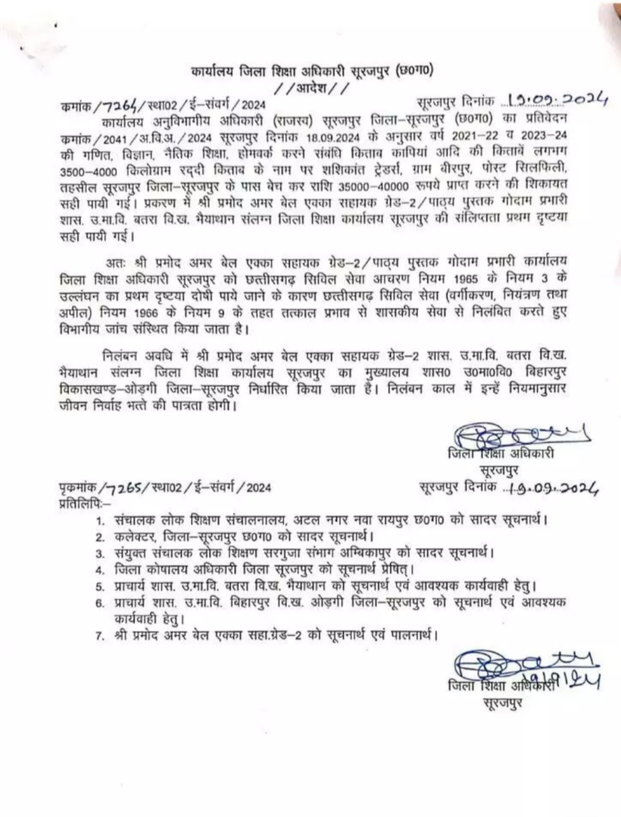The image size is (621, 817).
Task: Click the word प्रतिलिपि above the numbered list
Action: [x=83, y=501]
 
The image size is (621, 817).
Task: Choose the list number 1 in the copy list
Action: [x=99, y=520]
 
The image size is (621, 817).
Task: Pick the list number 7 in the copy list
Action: [x=99, y=635]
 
